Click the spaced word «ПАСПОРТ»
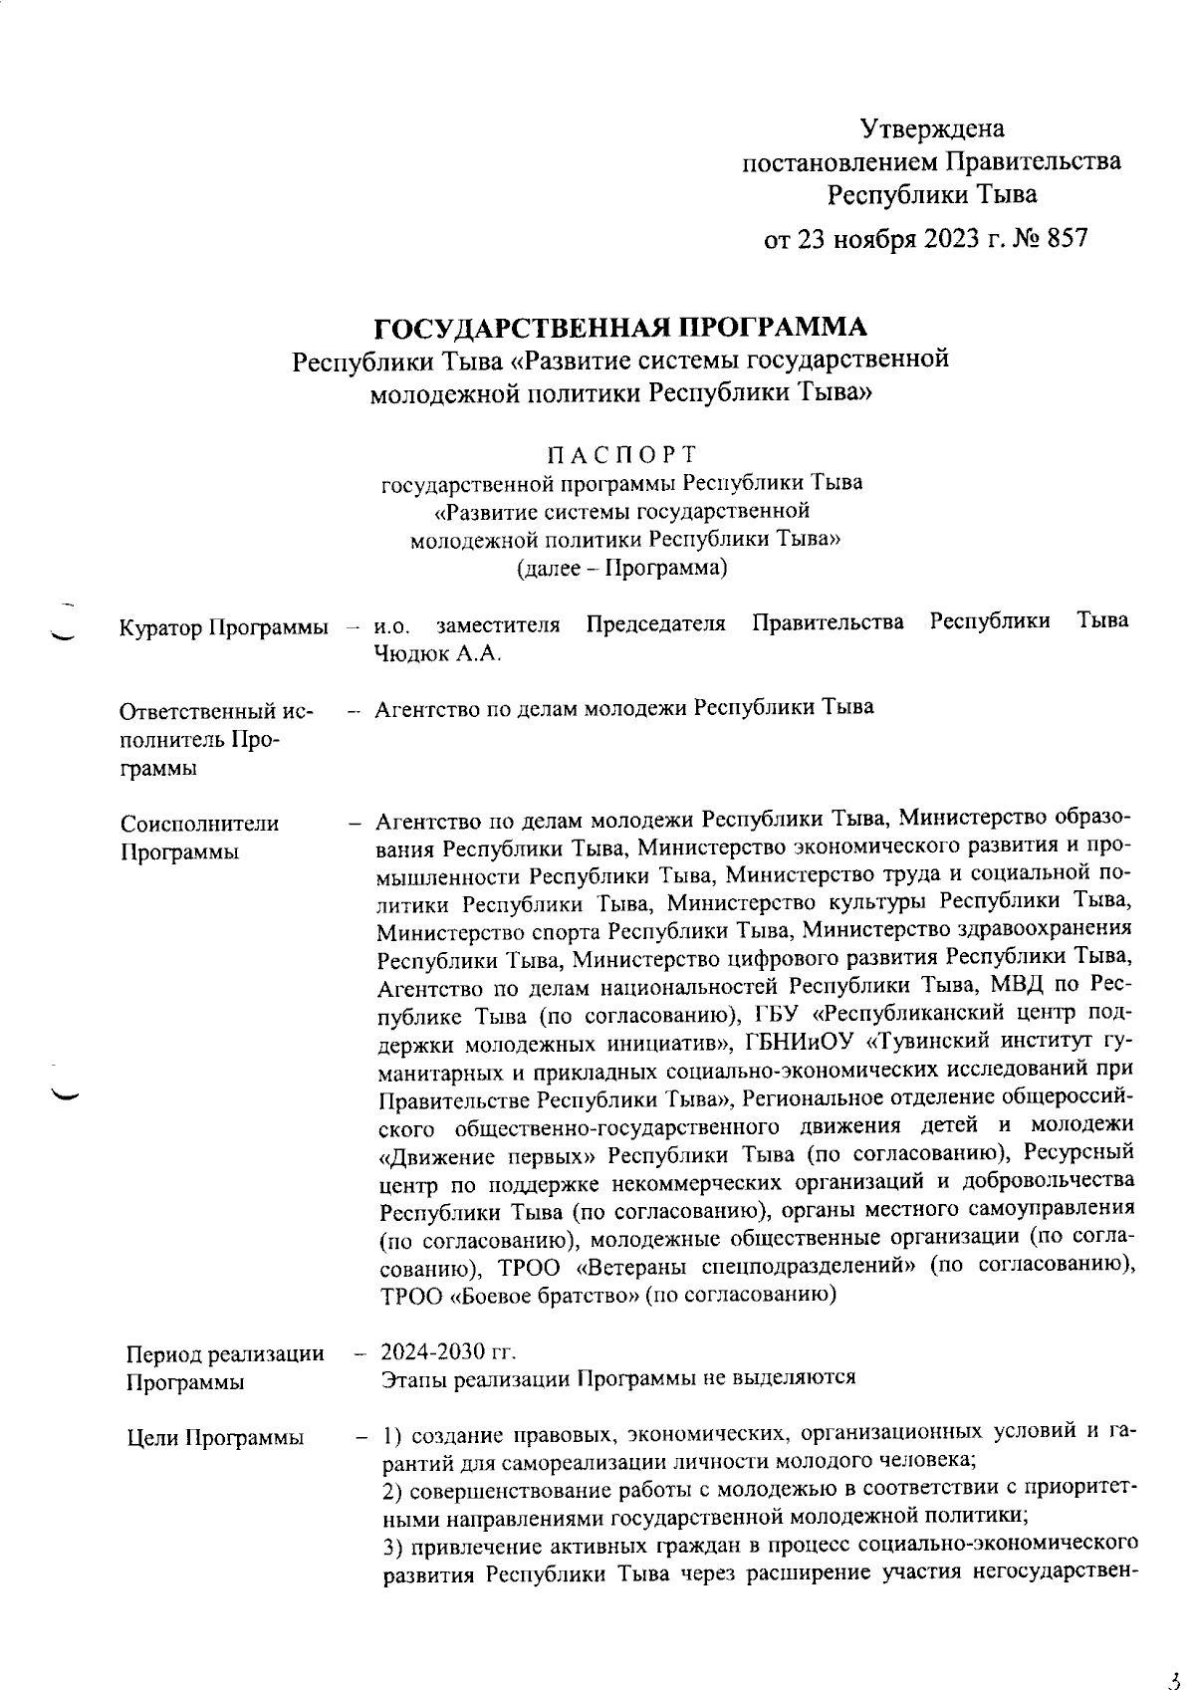pos(620,455)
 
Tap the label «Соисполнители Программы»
pos(199,838)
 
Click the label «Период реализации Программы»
pos(225,1367)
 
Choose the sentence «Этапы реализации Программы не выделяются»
pos(619,1378)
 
